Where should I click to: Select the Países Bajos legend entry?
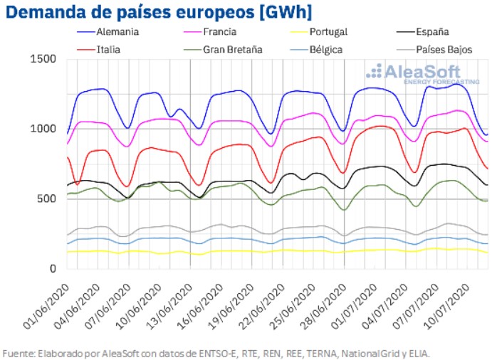tap(442, 50)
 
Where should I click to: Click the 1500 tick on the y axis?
tap(43, 59)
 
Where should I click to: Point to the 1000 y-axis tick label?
tap(43, 129)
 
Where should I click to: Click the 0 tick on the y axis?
tap(53, 269)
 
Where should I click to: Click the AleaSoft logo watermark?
tap(413, 73)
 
